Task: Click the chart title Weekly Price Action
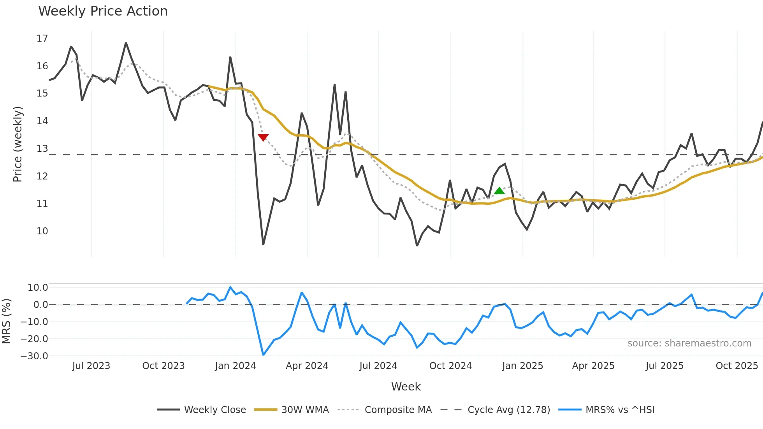[103, 11]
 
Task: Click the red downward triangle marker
[263, 137]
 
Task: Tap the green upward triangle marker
[499, 191]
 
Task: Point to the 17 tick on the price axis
[42, 39]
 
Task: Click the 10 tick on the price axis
[42, 231]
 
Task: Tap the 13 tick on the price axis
[42, 149]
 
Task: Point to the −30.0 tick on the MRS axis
[34, 356]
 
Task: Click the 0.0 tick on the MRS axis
[40, 305]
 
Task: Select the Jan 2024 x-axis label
[235, 366]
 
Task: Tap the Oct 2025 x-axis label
[737, 366]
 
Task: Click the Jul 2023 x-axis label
[91, 366]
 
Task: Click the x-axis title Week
[406, 387]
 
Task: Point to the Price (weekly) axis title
[18, 144]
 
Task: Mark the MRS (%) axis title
[6, 321]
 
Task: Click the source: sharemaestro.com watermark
[689, 343]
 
